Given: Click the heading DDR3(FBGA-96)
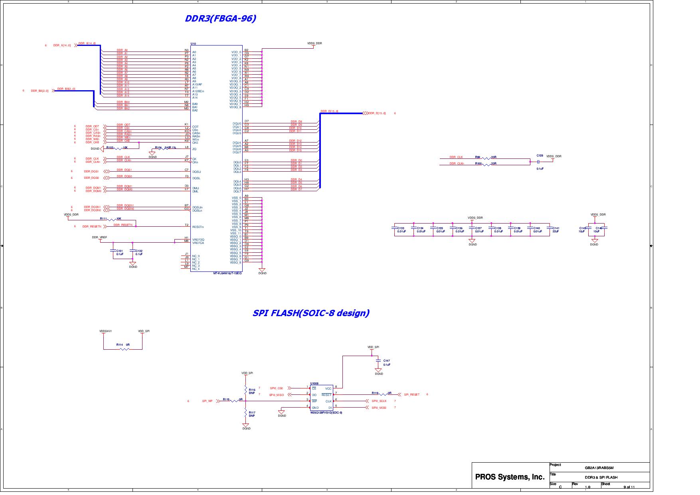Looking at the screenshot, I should point(220,18).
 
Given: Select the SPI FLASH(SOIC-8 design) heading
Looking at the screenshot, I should point(311,313).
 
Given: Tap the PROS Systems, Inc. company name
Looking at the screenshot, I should point(510,477).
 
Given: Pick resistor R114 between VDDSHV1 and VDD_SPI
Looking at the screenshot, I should point(125,349).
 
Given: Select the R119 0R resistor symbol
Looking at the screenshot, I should point(384,395).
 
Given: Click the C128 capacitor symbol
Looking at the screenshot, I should point(538,162).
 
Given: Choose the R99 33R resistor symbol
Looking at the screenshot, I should point(486,159).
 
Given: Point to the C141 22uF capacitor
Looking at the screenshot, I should point(550,228).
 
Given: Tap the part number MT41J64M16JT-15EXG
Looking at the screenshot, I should point(227,273).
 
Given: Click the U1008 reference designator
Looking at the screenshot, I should point(314,383).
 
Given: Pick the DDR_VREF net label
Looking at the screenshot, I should point(99,238).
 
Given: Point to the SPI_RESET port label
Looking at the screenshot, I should point(411,395).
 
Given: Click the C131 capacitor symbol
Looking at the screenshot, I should point(114,251).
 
